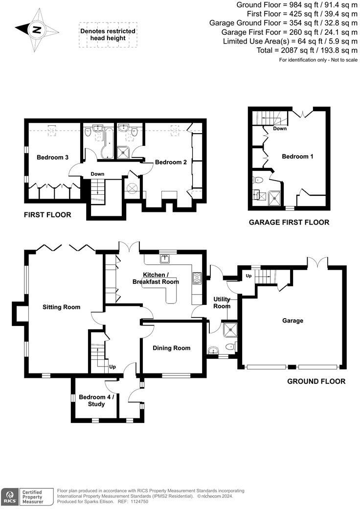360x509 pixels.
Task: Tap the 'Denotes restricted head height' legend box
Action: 108,35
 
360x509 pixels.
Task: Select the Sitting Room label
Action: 61,307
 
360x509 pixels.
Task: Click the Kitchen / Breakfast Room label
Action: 161,278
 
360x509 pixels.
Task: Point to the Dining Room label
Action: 171,348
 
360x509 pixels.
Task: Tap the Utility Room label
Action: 222,302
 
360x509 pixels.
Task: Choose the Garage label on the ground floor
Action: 292,321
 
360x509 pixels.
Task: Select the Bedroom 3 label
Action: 52,157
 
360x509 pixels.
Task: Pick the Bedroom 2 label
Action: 171,162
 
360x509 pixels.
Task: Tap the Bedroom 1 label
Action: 297,157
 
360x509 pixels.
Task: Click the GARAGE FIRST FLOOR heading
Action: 289,222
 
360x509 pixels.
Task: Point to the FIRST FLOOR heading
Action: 47,214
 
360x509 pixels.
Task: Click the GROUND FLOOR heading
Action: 316,381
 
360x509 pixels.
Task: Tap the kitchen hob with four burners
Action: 198,278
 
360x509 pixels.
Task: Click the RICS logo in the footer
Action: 9,496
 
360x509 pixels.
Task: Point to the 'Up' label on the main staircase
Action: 112,367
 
